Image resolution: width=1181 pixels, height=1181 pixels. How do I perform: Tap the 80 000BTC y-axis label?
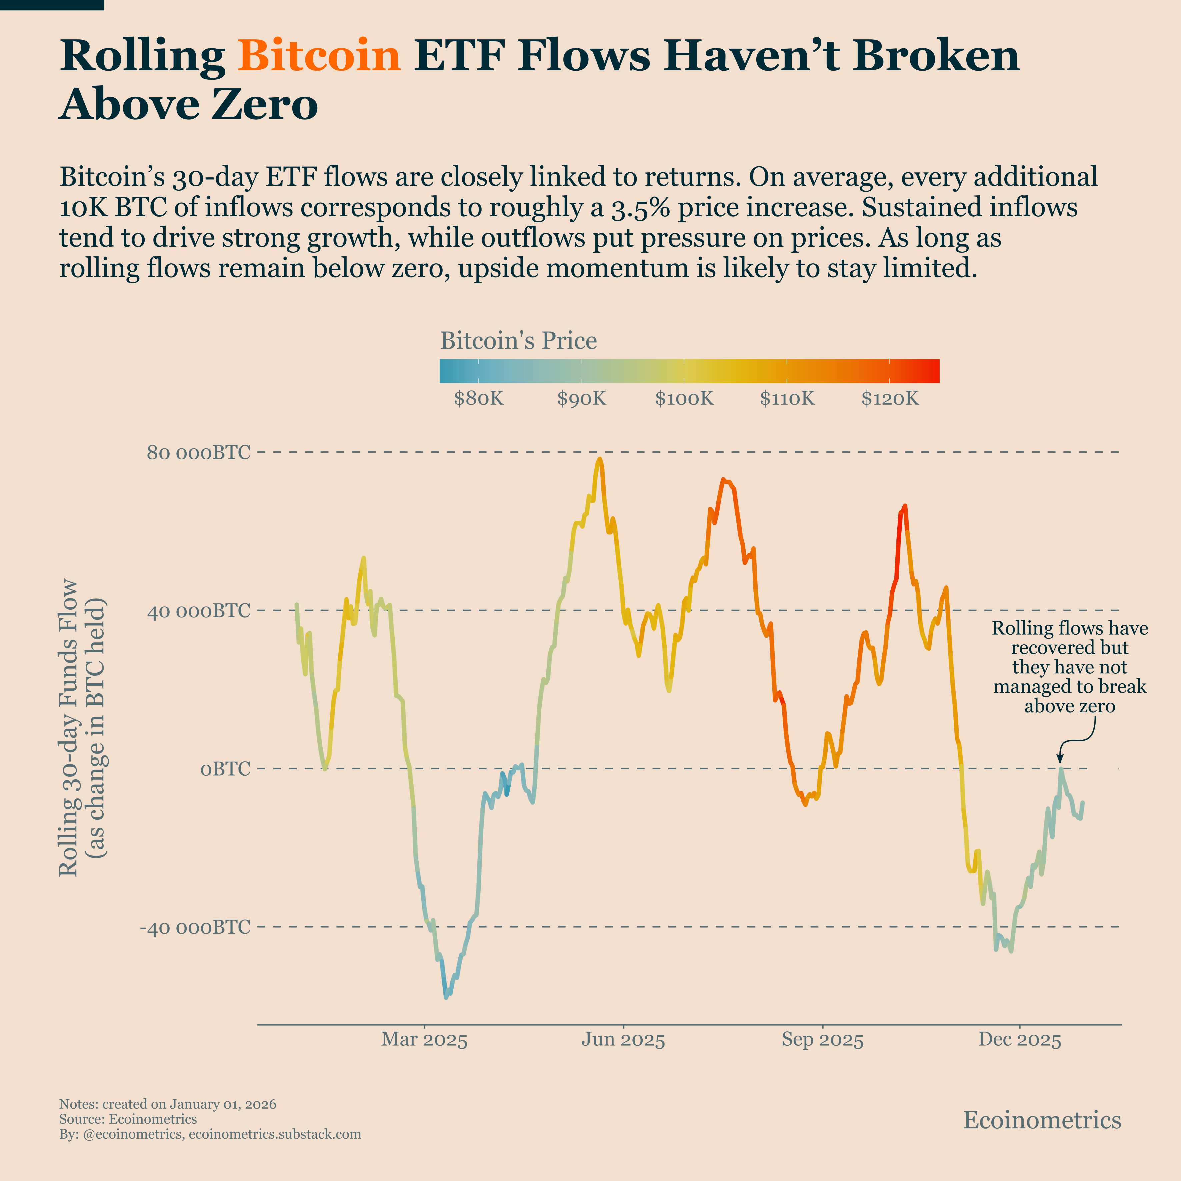(x=199, y=453)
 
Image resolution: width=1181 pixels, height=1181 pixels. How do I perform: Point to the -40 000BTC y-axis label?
(x=195, y=927)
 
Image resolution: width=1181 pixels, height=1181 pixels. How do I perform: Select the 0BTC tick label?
(x=226, y=769)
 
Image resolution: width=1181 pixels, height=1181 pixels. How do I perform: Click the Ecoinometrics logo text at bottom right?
(x=1042, y=1120)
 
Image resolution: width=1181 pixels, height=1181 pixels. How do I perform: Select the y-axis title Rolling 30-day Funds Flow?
(x=68, y=727)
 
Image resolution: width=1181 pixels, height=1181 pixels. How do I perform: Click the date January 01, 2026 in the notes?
(x=223, y=1104)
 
